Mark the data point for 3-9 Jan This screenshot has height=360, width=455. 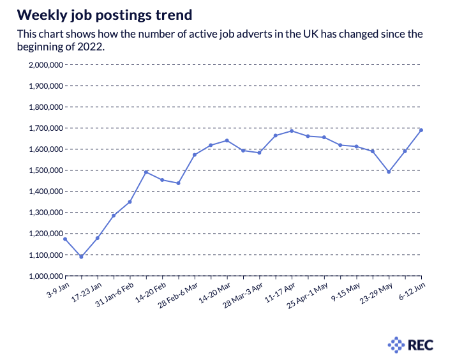[x=65, y=239]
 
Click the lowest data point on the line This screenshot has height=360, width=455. [x=81, y=257]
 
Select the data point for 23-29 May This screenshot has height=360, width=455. [x=389, y=172]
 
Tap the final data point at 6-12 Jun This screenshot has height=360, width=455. [x=422, y=130]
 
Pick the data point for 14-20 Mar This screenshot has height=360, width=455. [x=227, y=140]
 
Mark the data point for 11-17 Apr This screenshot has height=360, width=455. [x=292, y=131]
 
